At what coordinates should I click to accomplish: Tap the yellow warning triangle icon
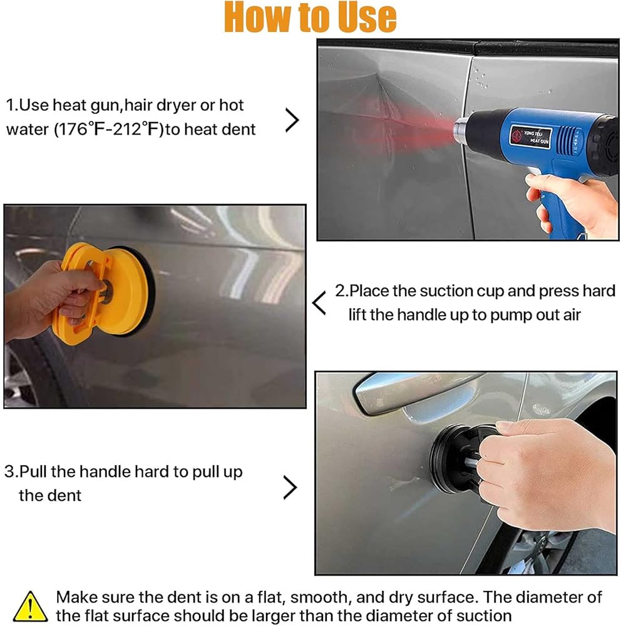tap(30, 607)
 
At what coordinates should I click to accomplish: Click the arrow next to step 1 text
tap(292, 120)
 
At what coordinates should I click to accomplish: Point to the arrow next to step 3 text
tap(290, 488)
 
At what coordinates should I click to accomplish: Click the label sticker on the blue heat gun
tap(530, 137)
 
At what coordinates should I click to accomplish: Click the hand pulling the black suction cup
tap(547, 471)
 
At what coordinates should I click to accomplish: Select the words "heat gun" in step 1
tap(86, 105)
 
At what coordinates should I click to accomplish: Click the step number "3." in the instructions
tap(11, 471)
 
